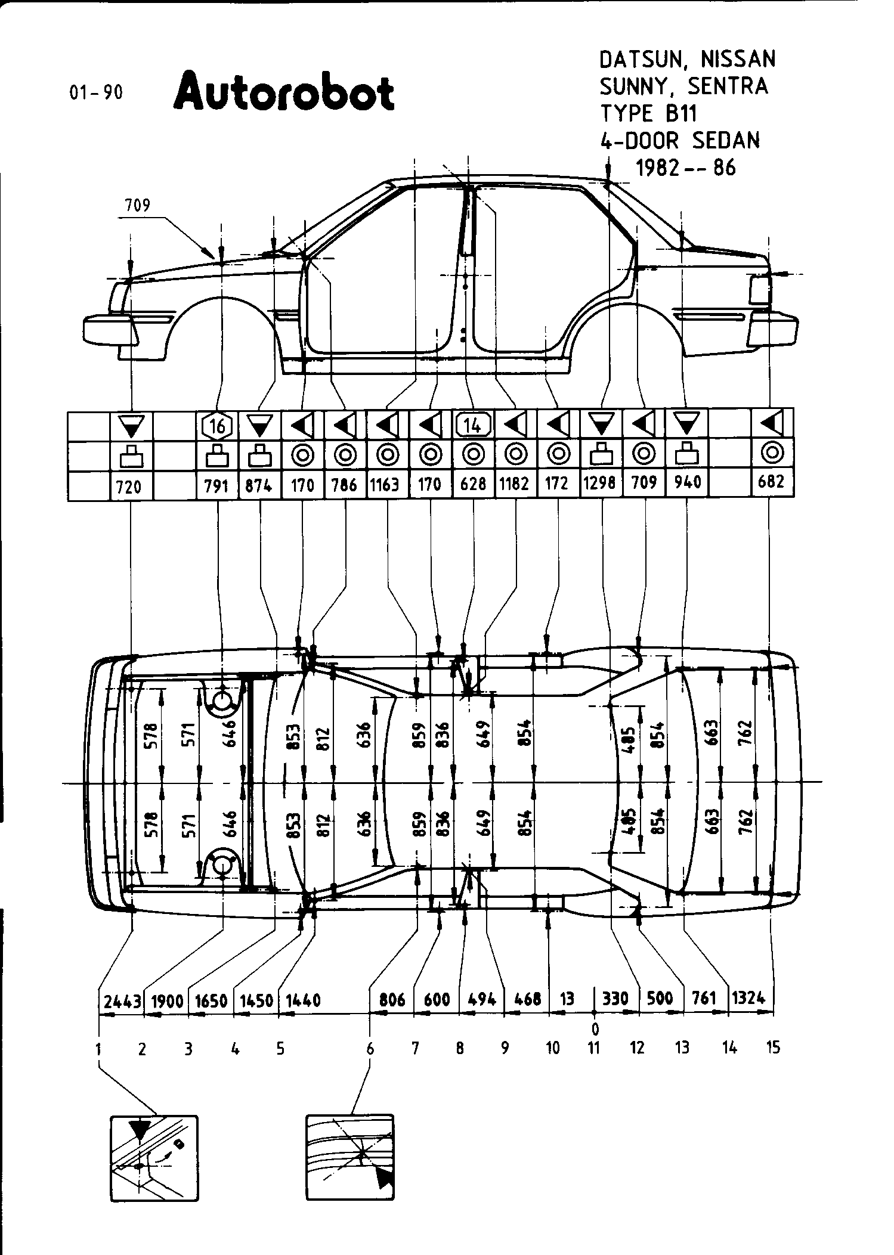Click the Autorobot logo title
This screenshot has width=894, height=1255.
pyautogui.click(x=284, y=92)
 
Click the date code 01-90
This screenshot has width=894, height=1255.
pyautogui.click(x=96, y=92)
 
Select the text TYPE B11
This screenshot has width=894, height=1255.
pyautogui.click(x=648, y=113)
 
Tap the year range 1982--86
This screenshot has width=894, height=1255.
pyautogui.click(x=686, y=168)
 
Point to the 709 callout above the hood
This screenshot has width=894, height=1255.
pyautogui.click(x=137, y=206)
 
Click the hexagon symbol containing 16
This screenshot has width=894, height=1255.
pyautogui.click(x=217, y=426)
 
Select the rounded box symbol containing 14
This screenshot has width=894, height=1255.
pyautogui.click(x=473, y=425)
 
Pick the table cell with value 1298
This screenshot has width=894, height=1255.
pyautogui.click(x=600, y=483)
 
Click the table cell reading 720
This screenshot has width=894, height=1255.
pyautogui.click(x=129, y=486)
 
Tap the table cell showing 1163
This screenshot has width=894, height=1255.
pyautogui.click(x=385, y=485)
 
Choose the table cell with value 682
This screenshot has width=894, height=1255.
pyautogui.click(x=771, y=481)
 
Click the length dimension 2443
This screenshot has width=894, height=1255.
pyautogui.click(x=122, y=1000)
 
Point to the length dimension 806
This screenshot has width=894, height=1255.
pyautogui.click(x=392, y=1000)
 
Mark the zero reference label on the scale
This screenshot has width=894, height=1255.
pyautogui.click(x=595, y=1028)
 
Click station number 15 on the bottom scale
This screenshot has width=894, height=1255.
pyautogui.click(x=773, y=1047)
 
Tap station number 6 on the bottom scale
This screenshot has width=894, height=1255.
pyautogui.click(x=370, y=1048)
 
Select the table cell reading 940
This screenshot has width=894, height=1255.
pyautogui.click(x=687, y=482)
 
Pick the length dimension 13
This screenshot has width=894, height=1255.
pyautogui.click(x=567, y=999)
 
